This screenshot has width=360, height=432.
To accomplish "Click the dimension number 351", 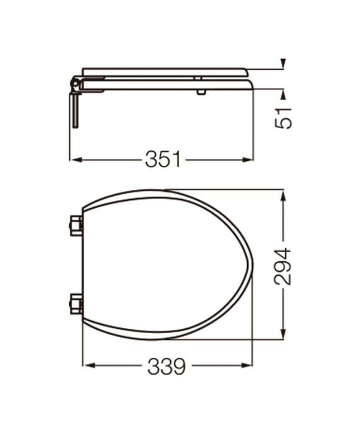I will pos(163,160).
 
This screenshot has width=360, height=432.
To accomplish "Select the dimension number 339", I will pos(166,366).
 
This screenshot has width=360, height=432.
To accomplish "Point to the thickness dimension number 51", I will pos(285,117).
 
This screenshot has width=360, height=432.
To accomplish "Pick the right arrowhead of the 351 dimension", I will pos(251,160).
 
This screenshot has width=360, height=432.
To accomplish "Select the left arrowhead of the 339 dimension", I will pos(87,366).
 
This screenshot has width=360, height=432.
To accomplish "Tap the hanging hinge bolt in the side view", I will pos(74,110).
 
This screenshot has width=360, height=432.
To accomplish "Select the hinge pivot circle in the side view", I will pos(73,84).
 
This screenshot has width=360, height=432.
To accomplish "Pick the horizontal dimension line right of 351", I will pos(218,160).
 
